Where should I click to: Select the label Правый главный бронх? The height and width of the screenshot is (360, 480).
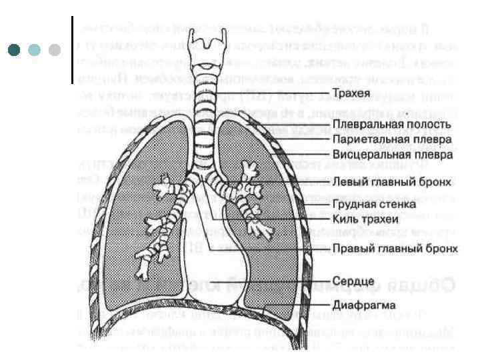click(395, 249)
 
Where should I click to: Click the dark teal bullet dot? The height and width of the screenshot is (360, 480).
click(13, 50)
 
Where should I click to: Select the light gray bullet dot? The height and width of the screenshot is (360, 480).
click(55, 50)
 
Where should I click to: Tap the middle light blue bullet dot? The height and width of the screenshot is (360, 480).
click(34, 50)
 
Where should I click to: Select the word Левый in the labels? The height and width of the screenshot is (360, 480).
click(348, 181)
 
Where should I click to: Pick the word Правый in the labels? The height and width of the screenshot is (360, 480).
click(352, 249)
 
